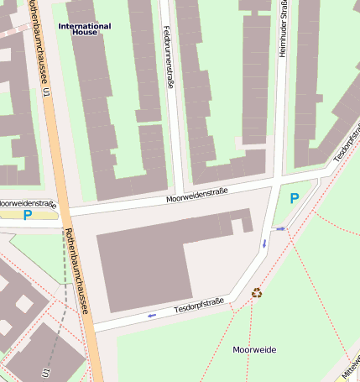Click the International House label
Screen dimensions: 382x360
coord(84,29)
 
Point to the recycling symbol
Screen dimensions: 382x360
coord(257,293)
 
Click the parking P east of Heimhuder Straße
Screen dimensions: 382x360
coord(294,199)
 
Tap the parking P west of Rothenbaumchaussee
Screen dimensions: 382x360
coord(28,216)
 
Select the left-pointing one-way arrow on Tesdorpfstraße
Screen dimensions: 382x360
coord(152,316)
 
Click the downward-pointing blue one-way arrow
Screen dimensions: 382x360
coord(264,243)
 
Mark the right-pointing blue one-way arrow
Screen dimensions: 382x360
coord(281,228)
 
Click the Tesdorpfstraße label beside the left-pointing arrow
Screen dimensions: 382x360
coord(199,308)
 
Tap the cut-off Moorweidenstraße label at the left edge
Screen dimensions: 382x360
coord(28,204)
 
